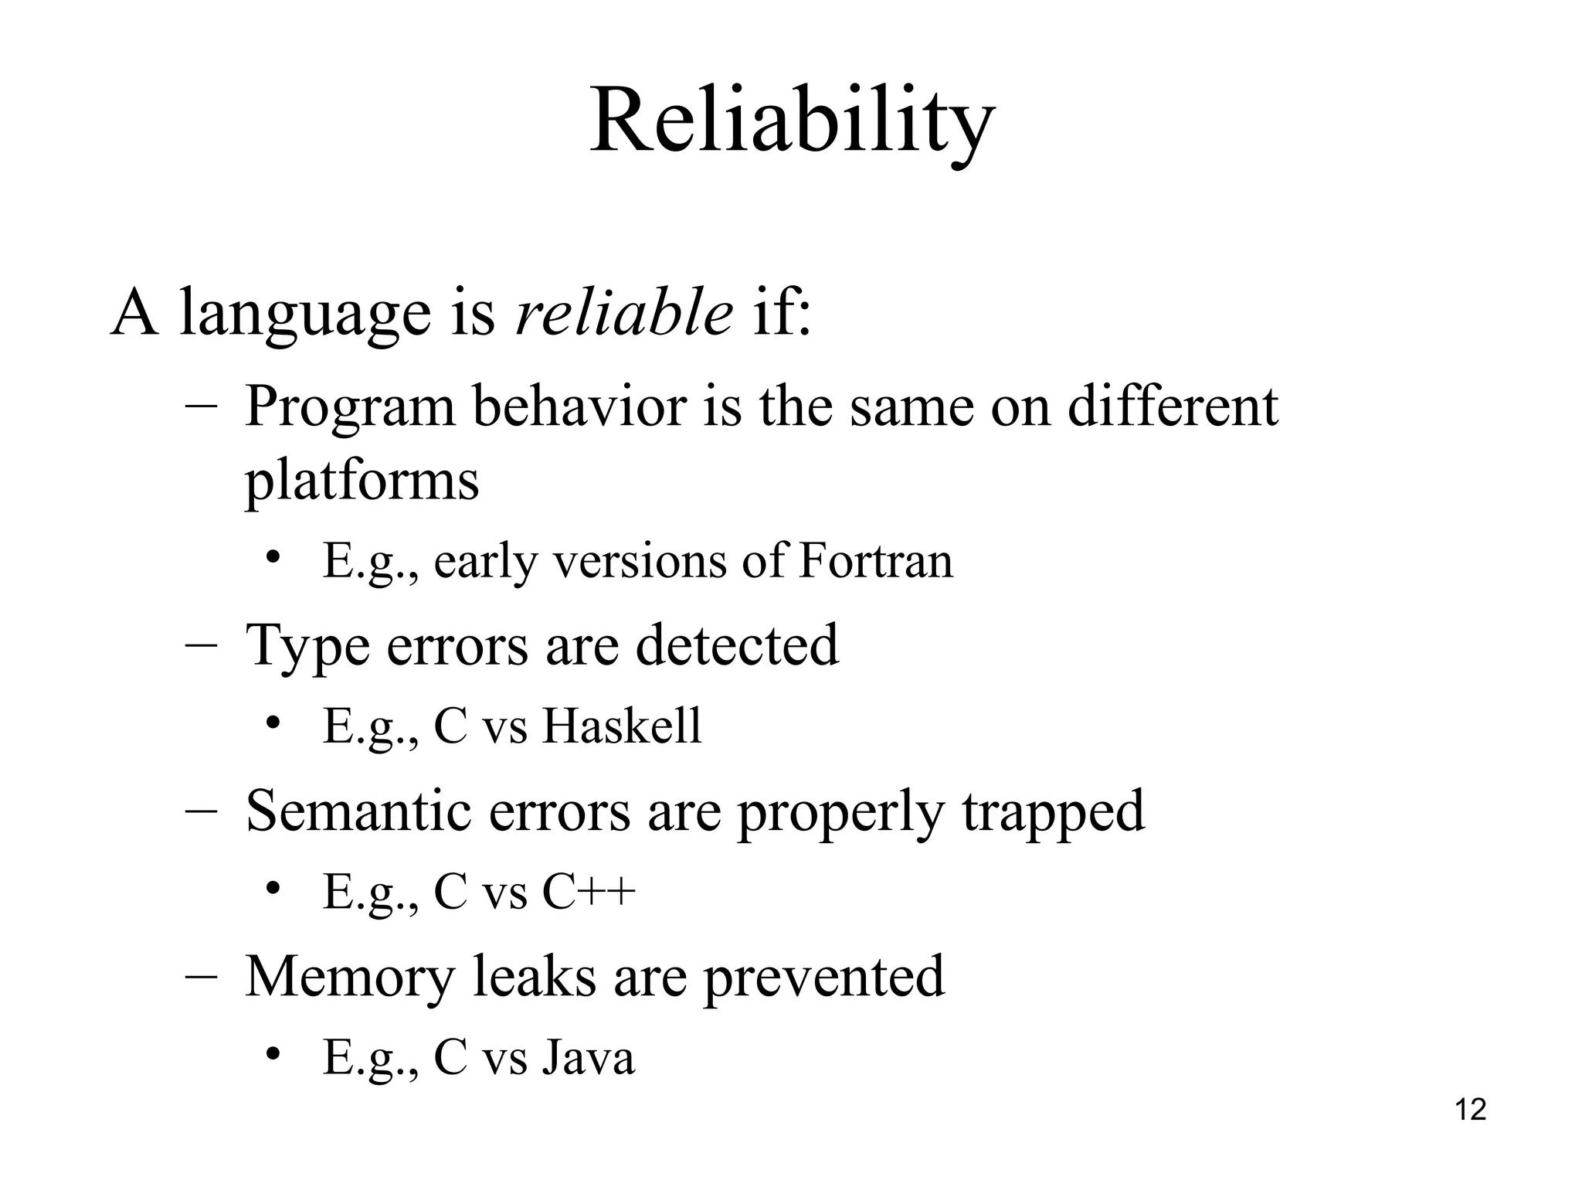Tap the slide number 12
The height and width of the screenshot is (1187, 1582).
(1470, 1110)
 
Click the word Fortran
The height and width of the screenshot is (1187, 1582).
(875, 561)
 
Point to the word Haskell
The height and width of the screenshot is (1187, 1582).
(622, 726)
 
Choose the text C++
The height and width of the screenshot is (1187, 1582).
(589, 892)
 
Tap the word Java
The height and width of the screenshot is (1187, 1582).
(588, 1057)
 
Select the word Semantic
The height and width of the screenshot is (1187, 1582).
(358, 811)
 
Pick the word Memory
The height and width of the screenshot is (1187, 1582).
(349, 977)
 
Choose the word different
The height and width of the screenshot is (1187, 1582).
(1173, 406)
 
